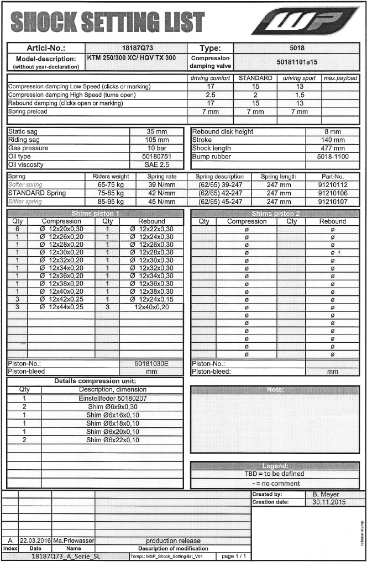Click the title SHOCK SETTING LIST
point(107,23)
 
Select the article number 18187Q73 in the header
point(136,49)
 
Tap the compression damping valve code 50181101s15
point(296,62)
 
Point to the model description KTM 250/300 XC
point(135,58)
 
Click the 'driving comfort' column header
point(210,78)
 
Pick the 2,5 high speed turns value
point(210,95)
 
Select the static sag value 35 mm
point(158,132)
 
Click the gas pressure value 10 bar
point(158,149)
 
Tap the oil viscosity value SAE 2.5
point(158,165)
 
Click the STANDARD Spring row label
point(37,193)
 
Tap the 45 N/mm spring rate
point(161,202)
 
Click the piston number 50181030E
point(151,364)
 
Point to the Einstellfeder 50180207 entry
point(112,397)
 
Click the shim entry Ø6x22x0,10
point(112,440)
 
